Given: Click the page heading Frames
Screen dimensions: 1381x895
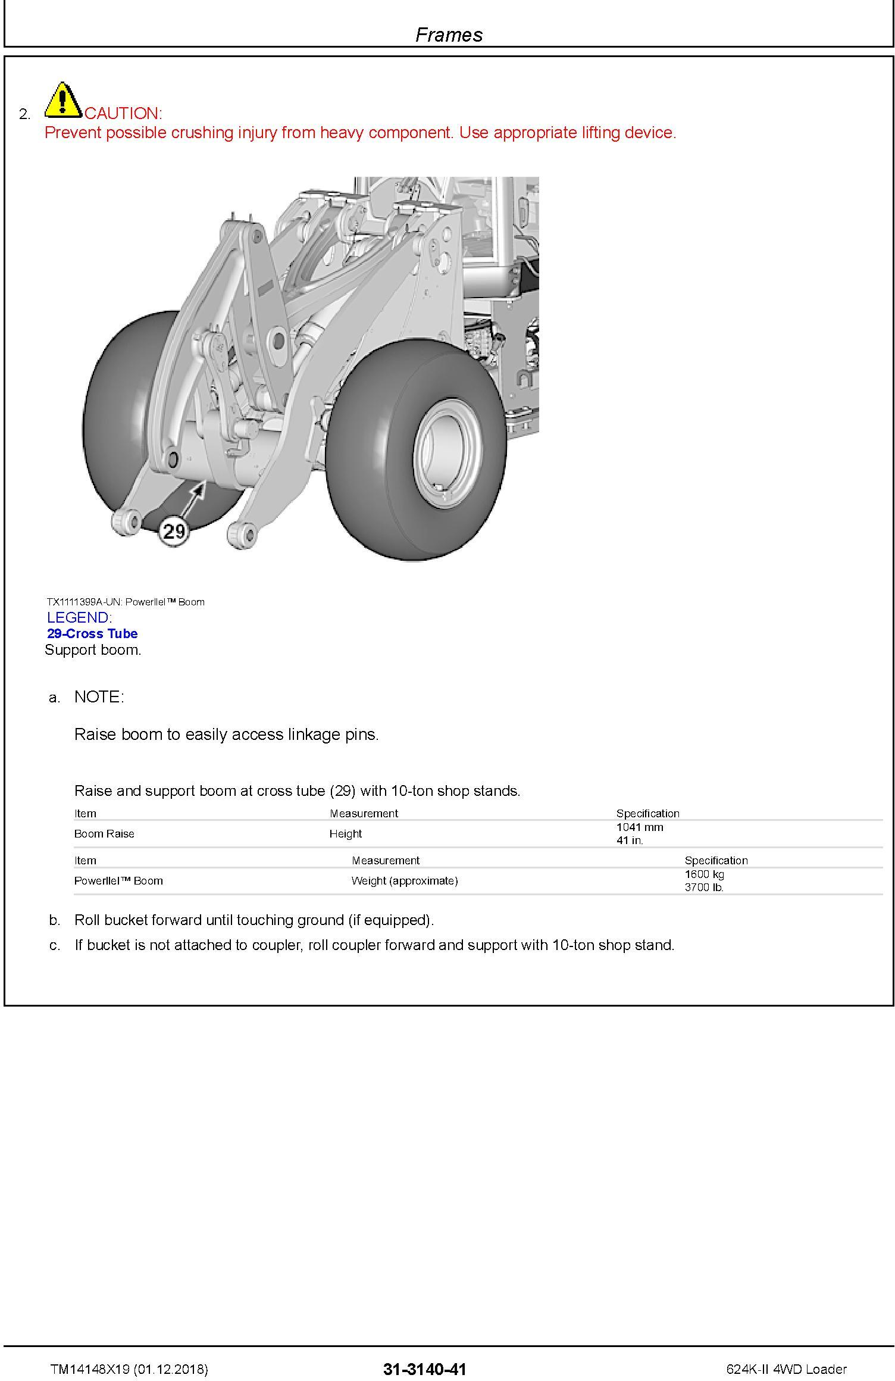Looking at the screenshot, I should (449, 35).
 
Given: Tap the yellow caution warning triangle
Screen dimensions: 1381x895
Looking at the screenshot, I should (63, 100).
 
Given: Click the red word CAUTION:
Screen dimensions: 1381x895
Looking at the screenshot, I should (123, 113).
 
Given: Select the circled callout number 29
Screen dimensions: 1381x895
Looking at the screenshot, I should (173, 530).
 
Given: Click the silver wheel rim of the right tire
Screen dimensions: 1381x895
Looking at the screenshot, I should (443, 453).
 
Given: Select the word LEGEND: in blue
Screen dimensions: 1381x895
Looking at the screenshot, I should (79, 617).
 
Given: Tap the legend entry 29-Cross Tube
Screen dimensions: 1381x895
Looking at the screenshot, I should (92, 633).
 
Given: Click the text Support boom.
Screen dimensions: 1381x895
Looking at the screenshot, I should (93, 649).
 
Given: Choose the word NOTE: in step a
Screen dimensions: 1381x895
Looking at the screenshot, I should (99, 696).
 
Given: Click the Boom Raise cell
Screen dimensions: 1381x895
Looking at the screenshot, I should (104, 833).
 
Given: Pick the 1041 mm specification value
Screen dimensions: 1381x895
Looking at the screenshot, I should (639, 827).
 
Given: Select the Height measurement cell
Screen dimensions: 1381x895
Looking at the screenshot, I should (345, 833).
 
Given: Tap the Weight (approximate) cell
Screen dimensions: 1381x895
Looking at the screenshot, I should (404, 880).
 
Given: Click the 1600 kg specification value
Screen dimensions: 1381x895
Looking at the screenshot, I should (704, 874).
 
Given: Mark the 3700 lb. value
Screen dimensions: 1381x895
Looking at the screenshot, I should (703, 887).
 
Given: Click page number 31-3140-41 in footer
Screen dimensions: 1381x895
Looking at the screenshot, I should (424, 1369).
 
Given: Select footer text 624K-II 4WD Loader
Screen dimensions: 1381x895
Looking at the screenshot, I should (786, 1369).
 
